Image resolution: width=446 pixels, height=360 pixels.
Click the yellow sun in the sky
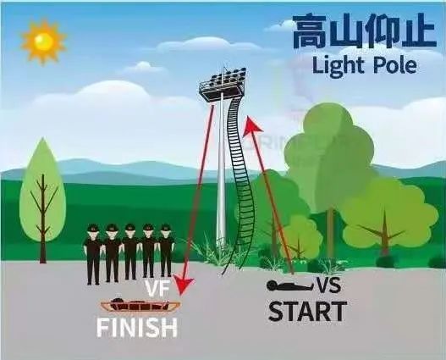(43, 42)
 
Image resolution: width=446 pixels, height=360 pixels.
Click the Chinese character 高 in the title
(310, 31)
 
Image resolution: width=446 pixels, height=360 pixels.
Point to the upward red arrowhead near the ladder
(252, 126)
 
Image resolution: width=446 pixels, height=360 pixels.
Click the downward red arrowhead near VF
(183, 285)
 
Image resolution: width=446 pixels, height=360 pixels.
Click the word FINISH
(137, 327)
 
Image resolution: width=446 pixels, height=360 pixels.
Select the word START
(307, 311)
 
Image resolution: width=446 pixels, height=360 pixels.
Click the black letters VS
(328, 285)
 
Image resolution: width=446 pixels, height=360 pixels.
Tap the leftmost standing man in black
(93, 254)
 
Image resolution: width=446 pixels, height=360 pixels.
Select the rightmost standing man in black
(166, 250)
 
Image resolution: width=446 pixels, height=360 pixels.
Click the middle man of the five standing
(130, 252)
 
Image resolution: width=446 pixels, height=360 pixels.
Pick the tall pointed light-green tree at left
(42, 199)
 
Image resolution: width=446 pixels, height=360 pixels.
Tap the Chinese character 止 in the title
(421, 31)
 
